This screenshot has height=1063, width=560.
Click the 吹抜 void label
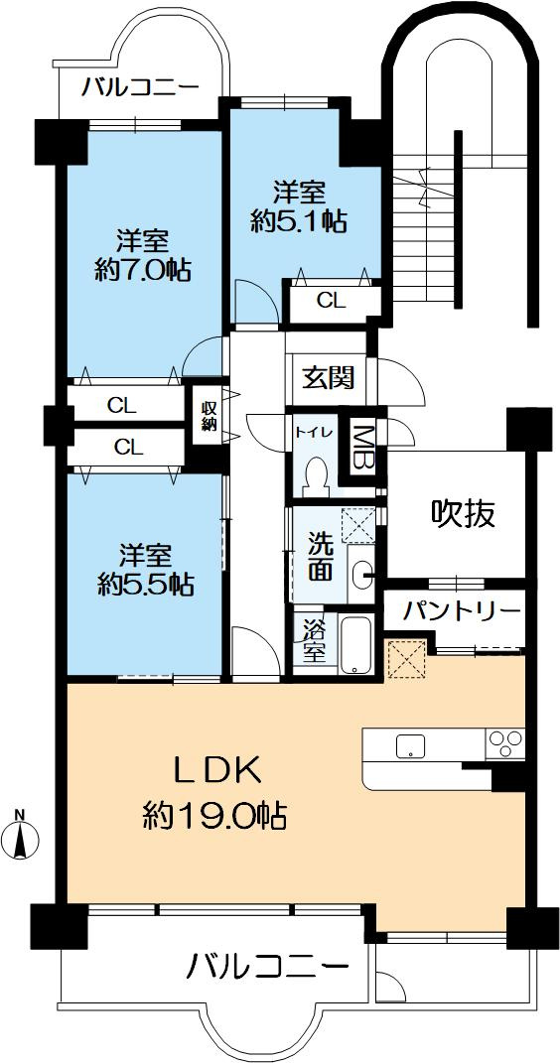point(462,513)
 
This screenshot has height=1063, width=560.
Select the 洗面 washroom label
point(320,556)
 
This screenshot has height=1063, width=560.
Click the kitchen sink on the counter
point(409,746)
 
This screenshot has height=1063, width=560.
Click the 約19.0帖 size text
point(214,816)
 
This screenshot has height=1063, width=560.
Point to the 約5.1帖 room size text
point(299,222)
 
